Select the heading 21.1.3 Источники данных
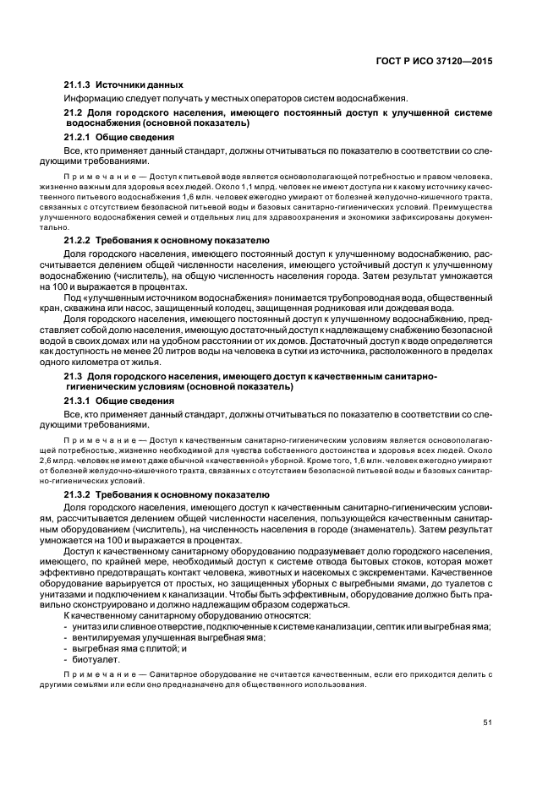coord(123,85)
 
